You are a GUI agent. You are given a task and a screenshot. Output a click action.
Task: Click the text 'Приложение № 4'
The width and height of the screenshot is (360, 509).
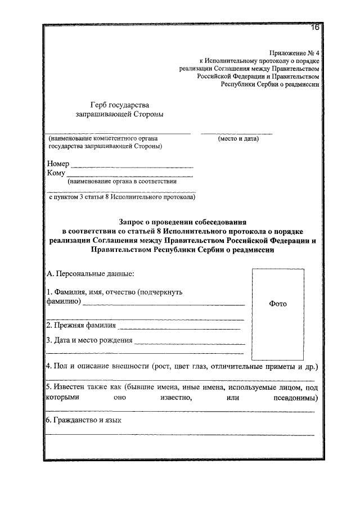point(294,52)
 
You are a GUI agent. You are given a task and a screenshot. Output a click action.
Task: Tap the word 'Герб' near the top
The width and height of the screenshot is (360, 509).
point(102,105)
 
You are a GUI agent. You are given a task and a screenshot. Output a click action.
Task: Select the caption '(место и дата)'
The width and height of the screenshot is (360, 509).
point(238,138)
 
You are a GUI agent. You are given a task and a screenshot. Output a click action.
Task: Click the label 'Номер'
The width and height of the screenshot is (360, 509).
point(58,164)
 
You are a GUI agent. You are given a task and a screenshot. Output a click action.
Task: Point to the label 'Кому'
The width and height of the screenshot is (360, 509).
point(56,173)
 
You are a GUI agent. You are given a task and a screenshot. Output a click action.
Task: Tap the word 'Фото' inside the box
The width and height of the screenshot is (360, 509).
point(278,304)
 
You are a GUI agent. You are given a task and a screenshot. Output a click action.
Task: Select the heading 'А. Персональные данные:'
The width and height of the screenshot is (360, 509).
point(90,274)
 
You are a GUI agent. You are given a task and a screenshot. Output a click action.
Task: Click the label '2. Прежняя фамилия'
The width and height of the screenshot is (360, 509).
point(81,325)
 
